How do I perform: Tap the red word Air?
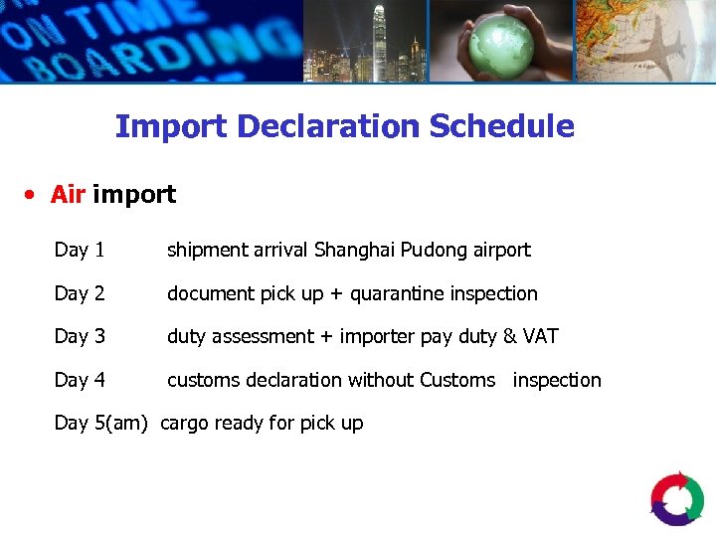point(68,194)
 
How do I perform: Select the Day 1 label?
point(80,250)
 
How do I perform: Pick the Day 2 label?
point(80,293)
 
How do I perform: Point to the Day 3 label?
point(80,336)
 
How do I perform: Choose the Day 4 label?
point(80,380)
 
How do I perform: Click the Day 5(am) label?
point(102,423)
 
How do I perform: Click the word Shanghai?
point(354,250)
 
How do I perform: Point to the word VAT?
point(540,336)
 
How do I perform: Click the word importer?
point(378,336)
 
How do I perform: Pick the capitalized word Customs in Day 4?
point(457,380)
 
